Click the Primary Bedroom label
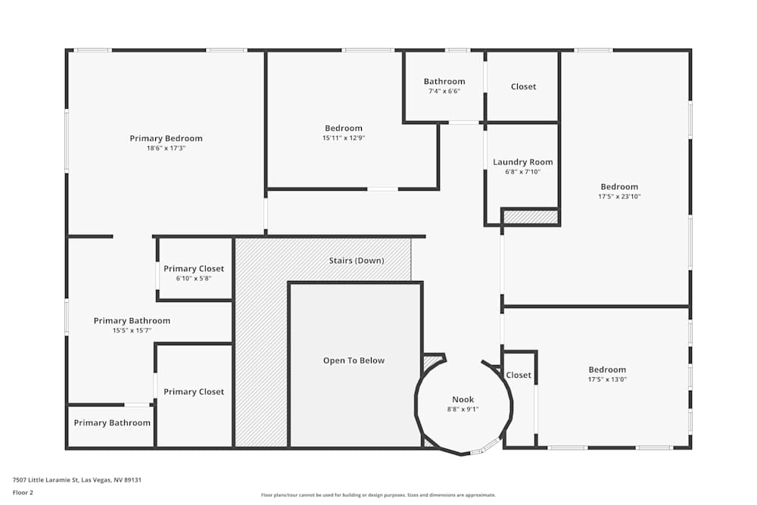(x=166, y=139)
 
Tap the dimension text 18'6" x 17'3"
(x=166, y=148)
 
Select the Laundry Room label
(x=523, y=162)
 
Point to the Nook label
(x=463, y=399)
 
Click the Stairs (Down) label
(x=357, y=260)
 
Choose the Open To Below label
(x=354, y=360)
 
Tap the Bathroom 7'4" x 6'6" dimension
(x=444, y=92)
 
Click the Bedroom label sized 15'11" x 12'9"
(x=343, y=128)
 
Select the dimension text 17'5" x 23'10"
(x=619, y=197)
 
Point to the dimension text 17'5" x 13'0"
(x=607, y=379)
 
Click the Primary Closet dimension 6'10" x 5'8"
(x=194, y=279)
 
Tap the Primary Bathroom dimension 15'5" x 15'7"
(x=132, y=331)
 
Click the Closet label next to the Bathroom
(x=523, y=87)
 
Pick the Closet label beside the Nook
(x=519, y=375)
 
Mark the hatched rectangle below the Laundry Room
(x=531, y=217)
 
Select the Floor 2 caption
(x=23, y=492)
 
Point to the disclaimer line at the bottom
(x=378, y=495)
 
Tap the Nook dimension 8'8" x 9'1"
(x=463, y=410)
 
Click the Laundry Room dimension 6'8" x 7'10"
(x=523, y=172)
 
